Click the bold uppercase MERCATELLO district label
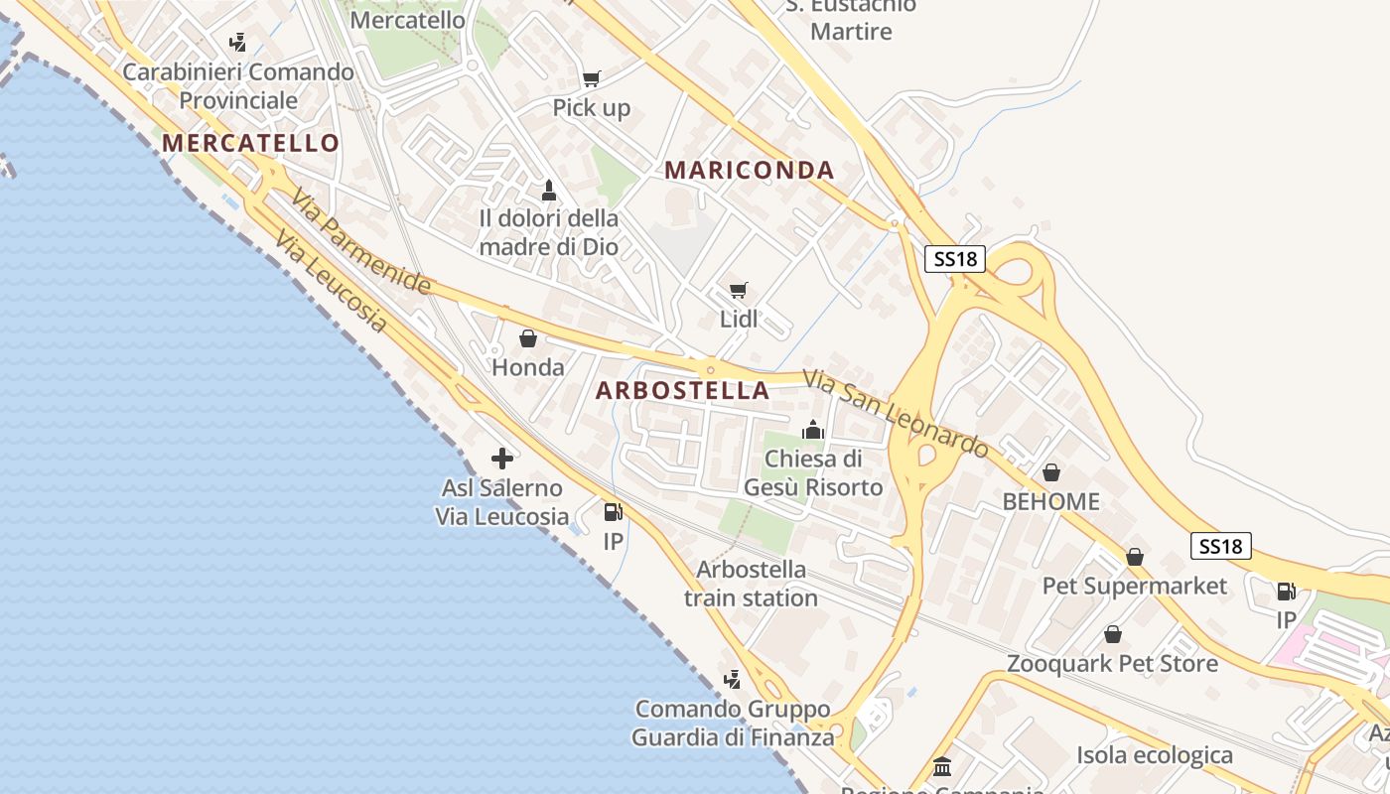click(x=251, y=143)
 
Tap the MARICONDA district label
click(x=750, y=170)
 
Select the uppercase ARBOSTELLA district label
click(x=683, y=390)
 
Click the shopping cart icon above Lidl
click(x=738, y=290)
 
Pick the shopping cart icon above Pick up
click(x=592, y=78)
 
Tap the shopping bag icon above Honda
click(x=528, y=338)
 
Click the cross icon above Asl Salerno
click(x=502, y=459)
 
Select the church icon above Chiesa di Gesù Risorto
click(x=813, y=430)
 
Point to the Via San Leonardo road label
click(x=897, y=414)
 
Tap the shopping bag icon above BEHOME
click(x=1051, y=472)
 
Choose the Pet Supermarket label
click(x=1135, y=586)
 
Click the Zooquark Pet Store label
click(x=1112, y=663)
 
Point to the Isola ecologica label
click(x=1155, y=755)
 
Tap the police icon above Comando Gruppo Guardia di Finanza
click(x=733, y=680)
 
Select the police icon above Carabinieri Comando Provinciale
click(x=238, y=43)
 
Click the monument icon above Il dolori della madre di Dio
click(x=548, y=190)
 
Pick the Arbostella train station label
click(x=752, y=584)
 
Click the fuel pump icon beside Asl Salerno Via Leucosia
click(x=613, y=512)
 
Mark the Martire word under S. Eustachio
click(x=851, y=31)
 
